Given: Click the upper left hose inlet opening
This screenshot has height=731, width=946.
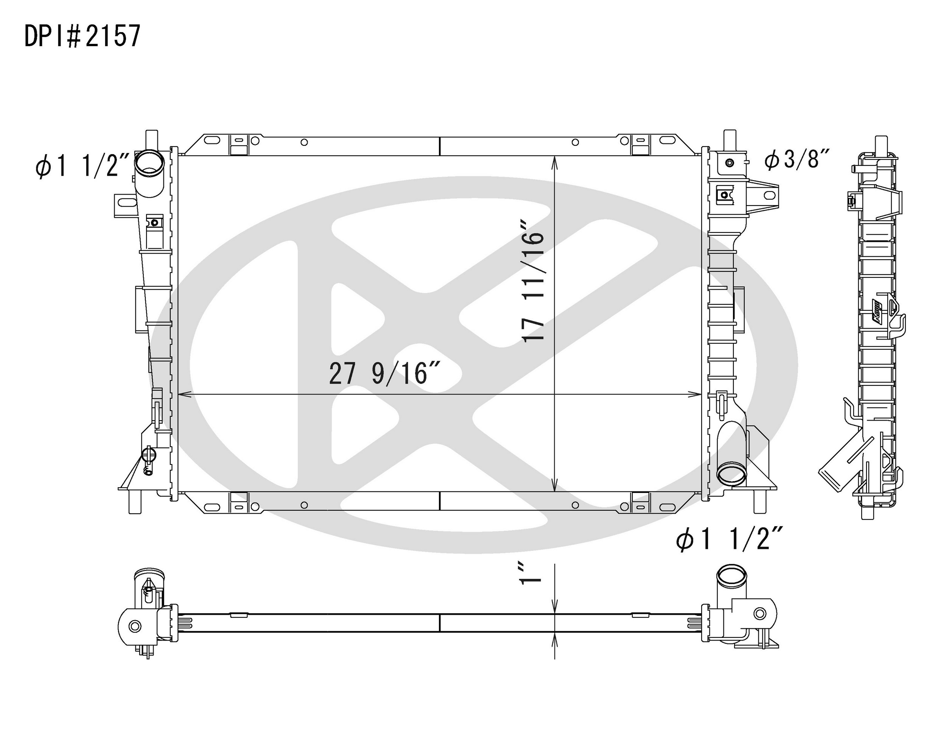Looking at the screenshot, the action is click(149, 164).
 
